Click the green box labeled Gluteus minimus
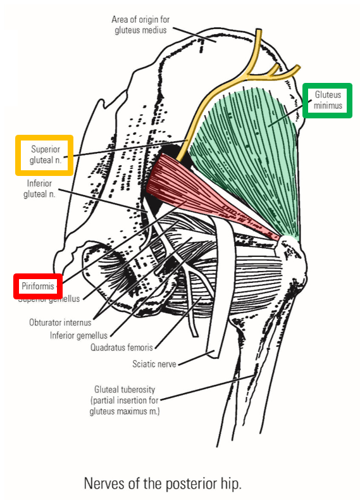coord(326,100)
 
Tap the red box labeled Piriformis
coord(38,286)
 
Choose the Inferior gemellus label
coord(78,335)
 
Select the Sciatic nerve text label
coord(154,363)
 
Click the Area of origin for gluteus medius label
coord(140,23)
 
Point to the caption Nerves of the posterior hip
coord(163,484)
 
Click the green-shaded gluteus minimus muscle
coord(253,146)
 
